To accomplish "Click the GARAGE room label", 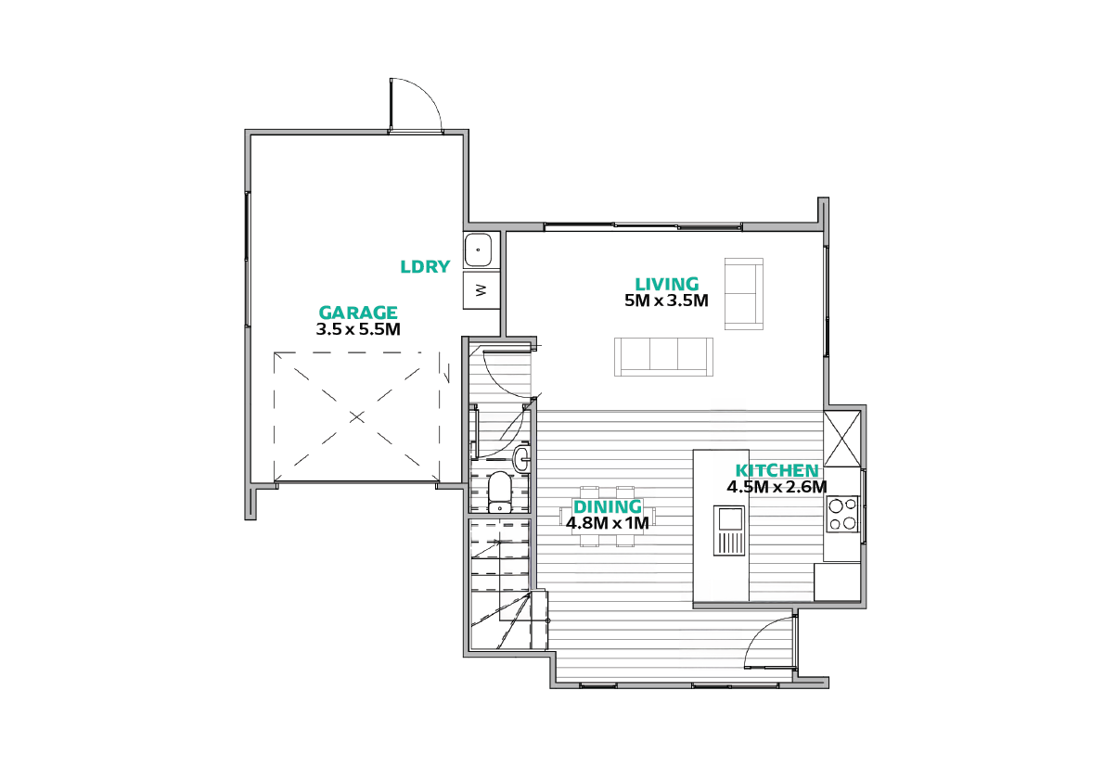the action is (x=358, y=312).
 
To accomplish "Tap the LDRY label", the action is (x=425, y=266).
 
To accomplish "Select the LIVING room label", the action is (x=667, y=284).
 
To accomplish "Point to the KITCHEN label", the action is (x=777, y=470).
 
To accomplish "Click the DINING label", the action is (x=607, y=506).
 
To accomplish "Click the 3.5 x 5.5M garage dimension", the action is (x=358, y=328).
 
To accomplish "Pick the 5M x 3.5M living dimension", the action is (x=666, y=300).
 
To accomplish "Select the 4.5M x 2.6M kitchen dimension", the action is (x=777, y=486).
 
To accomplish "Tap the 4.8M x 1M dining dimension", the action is (x=607, y=523).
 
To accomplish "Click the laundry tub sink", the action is (x=478, y=249).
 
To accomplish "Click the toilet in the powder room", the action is (x=499, y=492).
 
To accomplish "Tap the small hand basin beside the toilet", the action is (x=521, y=458).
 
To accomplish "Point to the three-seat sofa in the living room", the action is (x=663, y=356).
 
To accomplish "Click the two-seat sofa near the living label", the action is (x=744, y=294).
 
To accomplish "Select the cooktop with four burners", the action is (x=842, y=514).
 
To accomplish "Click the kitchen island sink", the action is (x=729, y=531).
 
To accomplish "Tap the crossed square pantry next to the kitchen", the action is (x=842, y=439).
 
